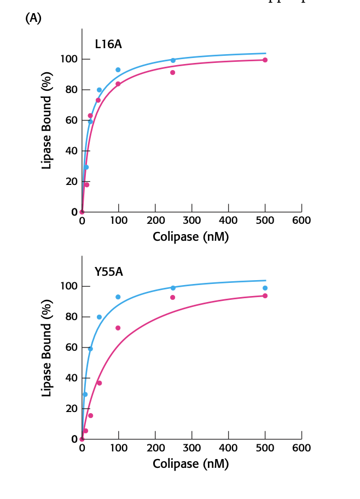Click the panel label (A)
coord(33,18)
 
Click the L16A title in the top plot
coord(108,44)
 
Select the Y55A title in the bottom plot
coord(108,272)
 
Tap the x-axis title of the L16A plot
coord(190,237)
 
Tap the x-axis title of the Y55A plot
coord(190,464)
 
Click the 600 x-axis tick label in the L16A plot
coord(301,221)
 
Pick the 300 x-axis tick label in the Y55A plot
coord(191,448)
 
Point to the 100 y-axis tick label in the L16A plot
coord(68,59)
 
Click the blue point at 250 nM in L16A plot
coord(173,60)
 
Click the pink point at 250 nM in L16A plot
coord(172,72)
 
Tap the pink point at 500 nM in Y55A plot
coord(265,295)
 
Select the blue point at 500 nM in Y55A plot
coord(265,288)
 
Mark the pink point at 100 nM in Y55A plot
coord(118,328)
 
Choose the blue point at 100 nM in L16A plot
coord(118,69)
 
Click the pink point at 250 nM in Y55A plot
coord(172,297)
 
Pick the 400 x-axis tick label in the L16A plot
coord(228,221)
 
